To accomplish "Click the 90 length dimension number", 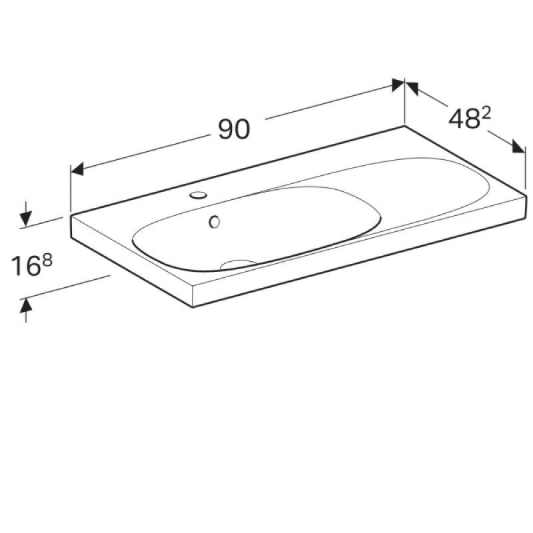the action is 234,129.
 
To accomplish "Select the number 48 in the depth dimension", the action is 464,119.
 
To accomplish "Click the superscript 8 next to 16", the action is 47,261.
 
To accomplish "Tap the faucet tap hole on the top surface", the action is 198,195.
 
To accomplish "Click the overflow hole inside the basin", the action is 215,222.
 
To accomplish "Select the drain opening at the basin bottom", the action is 238,264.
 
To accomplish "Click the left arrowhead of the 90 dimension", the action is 77,169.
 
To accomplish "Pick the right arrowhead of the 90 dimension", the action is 398,85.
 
